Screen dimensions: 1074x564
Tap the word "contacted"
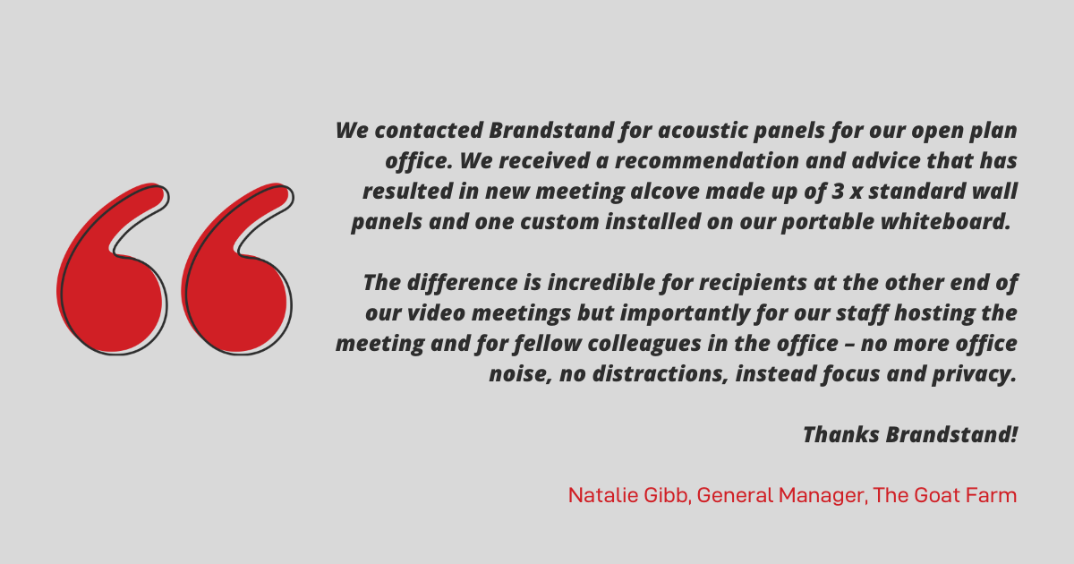tap(429, 131)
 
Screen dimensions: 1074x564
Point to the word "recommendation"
tap(707, 160)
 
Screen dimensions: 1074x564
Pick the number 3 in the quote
tap(838, 192)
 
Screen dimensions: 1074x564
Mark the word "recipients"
tap(753, 283)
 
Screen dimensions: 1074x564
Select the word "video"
tap(437, 313)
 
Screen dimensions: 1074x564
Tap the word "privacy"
tap(975, 374)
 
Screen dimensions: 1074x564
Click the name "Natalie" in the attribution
tap(602, 495)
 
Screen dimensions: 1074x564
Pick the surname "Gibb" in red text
tap(667, 495)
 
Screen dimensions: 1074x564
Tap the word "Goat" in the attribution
tap(937, 495)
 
